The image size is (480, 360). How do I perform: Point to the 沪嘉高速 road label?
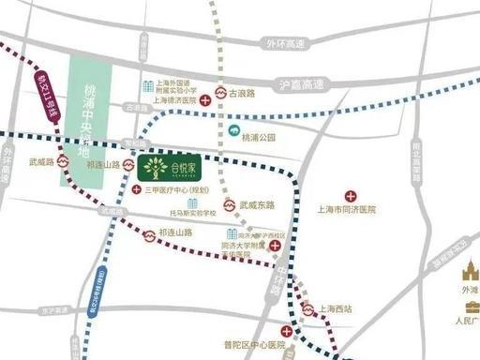pos(299,83)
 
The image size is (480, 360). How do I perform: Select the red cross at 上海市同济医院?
pos(352,196)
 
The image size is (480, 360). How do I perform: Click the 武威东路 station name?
pos(257,204)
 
